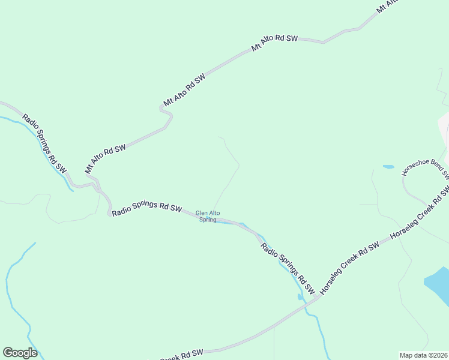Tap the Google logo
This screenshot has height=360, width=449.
[20, 353]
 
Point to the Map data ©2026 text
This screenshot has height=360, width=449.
[424, 355]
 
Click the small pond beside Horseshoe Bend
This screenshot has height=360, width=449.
[388, 166]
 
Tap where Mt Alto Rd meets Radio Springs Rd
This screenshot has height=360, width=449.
[96, 185]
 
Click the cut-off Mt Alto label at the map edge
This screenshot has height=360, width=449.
[387, 7]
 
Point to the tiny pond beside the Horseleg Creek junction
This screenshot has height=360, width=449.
[300, 296]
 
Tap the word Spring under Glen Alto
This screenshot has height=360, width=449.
[208, 220]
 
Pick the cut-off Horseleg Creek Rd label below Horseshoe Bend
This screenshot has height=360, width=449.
[420, 213]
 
